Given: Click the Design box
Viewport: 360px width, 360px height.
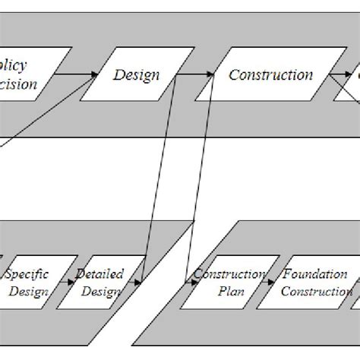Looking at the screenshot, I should click(137, 74).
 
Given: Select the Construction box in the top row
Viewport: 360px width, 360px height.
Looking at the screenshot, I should click(270, 74).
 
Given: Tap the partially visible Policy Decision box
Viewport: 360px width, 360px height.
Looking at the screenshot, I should click(23, 74).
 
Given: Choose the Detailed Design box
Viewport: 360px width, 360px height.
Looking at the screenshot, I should click(100, 283).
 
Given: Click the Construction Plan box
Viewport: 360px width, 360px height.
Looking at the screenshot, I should click(228, 283).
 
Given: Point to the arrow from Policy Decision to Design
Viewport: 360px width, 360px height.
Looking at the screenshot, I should click(76, 74).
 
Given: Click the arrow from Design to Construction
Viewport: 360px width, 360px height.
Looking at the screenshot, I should click(199, 74).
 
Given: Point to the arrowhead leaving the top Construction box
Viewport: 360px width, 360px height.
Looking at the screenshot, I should click(338, 74).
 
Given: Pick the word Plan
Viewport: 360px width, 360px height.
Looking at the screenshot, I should click(227, 292).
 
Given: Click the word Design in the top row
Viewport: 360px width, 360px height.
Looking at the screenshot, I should click(137, 74).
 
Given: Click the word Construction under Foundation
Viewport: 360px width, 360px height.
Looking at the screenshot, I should click(316, 292).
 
